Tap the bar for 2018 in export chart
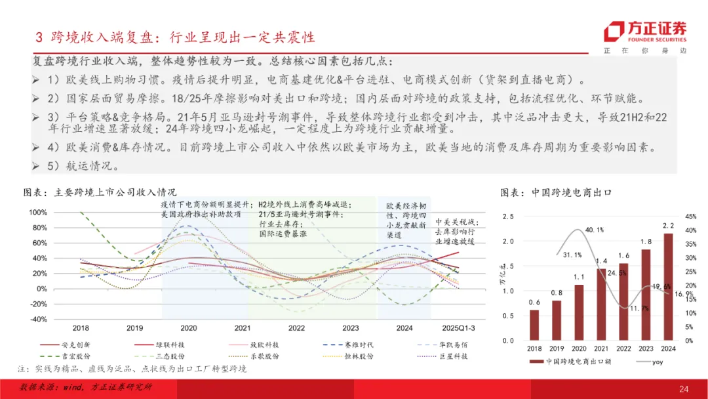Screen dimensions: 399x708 point(535,325)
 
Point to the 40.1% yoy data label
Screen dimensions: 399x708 point(595,230)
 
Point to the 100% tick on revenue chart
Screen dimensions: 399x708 point(38,213)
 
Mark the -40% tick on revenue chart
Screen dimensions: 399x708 point(38,319)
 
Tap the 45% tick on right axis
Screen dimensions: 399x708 point(690,217)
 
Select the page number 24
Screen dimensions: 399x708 point(684,389)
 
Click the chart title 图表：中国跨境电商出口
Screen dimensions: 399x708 point(555,193)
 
